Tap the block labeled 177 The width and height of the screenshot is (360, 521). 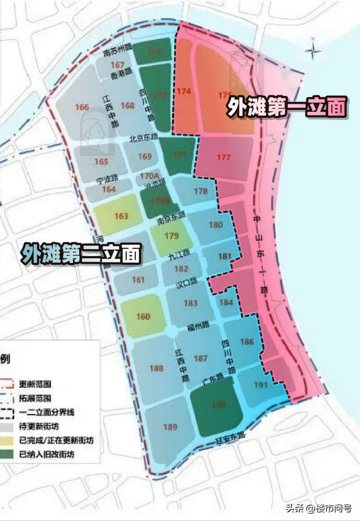point(223,157)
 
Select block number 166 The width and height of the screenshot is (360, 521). point(82,107)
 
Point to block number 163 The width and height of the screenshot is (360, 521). point(121,216)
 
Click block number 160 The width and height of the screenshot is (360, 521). point(143,317)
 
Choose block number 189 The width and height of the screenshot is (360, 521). point(170,427)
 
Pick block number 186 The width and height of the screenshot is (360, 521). point(246,341)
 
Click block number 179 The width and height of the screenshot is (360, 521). point(172,236)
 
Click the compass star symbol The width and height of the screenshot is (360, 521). point(313,50)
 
